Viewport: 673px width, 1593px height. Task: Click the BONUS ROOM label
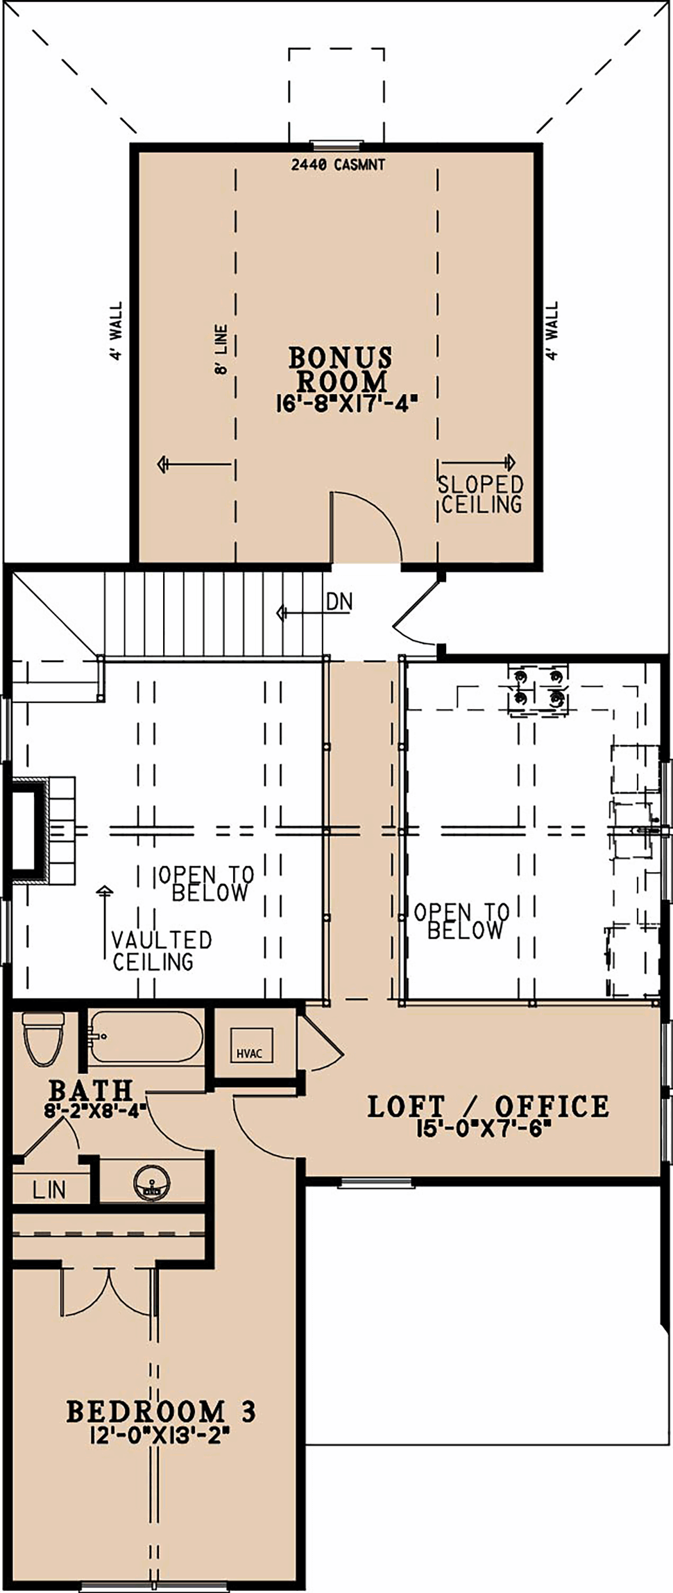[x=340, y=369]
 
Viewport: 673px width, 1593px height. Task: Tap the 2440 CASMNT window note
[x=338, y=165]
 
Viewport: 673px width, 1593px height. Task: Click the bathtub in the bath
[x=146, y=1037]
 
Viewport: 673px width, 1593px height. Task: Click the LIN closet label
[x=49, y=1191]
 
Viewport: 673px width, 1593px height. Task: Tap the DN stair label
[x=339, y=602]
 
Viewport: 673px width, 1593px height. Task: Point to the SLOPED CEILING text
[x=481, y=494]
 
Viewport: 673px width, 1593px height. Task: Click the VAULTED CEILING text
[x=162, y=951]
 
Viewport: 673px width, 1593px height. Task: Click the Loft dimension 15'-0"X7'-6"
[x=483, y=1128]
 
